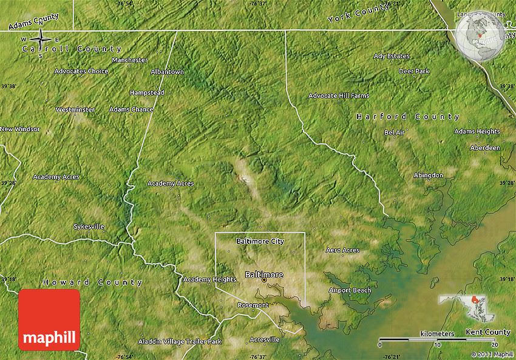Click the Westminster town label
(x=75, y=110)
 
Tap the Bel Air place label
(x=395, y=132)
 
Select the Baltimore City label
(x=260, y=242)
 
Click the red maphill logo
(x=49, y=320)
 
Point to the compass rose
(x=41, y=41)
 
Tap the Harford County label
(x=408, y=117)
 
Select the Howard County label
(x=93, y=282)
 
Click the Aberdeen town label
(x=485, y=148)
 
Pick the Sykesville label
(x=89, y=226)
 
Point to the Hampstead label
(x=147, y=93)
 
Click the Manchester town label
(x=130, y=60)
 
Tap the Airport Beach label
(x=350, y=290)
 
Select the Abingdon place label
(x=428, y=175)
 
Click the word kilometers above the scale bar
(x=436, y=334)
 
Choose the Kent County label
(x=488, y=332)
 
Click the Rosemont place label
(x=253, y=305)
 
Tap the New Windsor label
(x=20, y=129)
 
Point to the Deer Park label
(x=414, y=72)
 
